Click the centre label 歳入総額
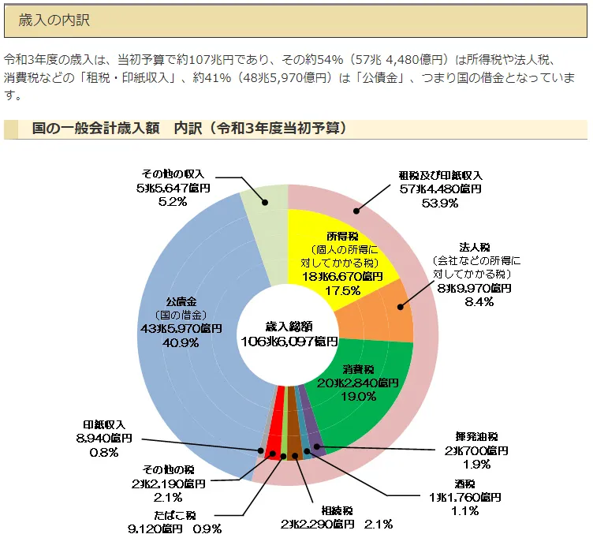coord(289,325)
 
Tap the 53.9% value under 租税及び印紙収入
coord(440,203)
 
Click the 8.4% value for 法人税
coord(479,302)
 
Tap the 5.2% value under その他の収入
coord(172,202)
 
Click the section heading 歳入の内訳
coord(54,20)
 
